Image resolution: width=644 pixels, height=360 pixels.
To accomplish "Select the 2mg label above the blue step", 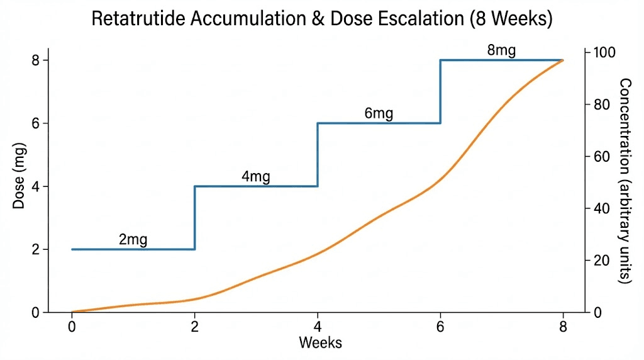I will (133, 240).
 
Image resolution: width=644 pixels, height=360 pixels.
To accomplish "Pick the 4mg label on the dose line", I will (255, 177).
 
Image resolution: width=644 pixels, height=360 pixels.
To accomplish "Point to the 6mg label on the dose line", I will (379, 114).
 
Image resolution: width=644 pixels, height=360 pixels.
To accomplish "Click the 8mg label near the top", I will (501, 51).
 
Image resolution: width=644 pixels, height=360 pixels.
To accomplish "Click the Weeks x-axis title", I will (320, 342).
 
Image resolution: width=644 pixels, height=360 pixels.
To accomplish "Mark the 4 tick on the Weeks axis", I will (318, 327).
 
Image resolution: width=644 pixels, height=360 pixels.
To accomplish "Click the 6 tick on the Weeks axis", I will (440, 327).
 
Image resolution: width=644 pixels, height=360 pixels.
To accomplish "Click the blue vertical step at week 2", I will (195, 218).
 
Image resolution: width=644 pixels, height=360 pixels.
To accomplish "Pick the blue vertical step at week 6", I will (440, 92).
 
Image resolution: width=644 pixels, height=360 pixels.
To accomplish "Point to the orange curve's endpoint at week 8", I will (562, 60).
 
